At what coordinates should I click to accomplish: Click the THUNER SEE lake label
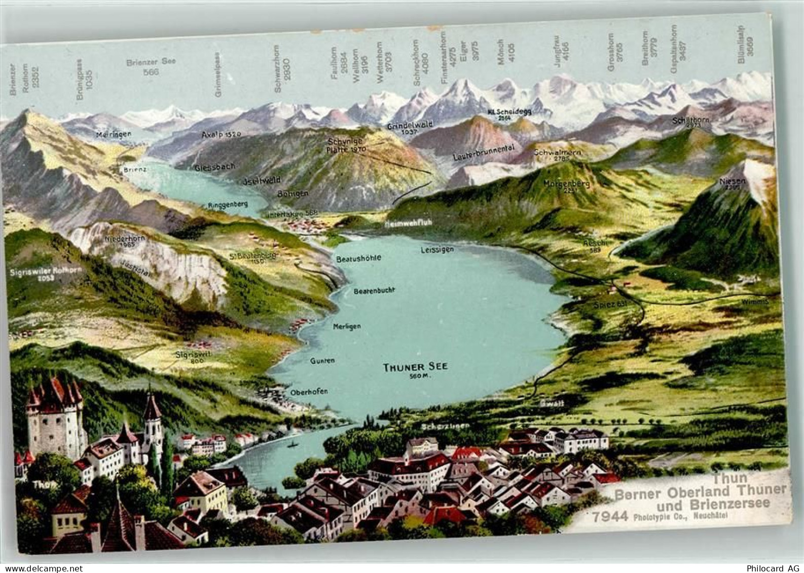[415, 367]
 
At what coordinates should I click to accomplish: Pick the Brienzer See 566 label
[151, 66]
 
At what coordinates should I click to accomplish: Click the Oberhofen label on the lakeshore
[309, 392]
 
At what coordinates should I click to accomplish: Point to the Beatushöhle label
[358, 258]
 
